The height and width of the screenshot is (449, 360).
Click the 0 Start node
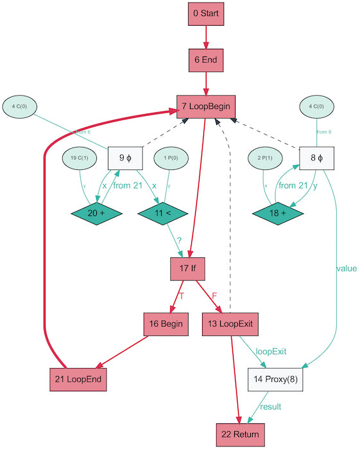point(205,13)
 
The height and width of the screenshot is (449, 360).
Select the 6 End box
point(205,60)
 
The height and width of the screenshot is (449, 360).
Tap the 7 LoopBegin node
point(205,106)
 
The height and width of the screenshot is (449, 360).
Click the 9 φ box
point(124,157)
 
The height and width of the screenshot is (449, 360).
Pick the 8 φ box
point(316,157)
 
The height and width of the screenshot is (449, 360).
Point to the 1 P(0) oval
point(170,158)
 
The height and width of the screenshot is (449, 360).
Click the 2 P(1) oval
point(266,158)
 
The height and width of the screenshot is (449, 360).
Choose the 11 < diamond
point(162,212)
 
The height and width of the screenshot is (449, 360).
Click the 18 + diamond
point(277,212)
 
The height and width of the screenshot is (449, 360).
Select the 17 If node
point(187,268)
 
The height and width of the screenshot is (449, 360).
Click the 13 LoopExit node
point(230,324)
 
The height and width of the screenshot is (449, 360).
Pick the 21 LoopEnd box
point(77,380)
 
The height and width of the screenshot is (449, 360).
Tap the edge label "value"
point(346,269)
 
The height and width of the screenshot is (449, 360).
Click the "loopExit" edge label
point(271,352)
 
